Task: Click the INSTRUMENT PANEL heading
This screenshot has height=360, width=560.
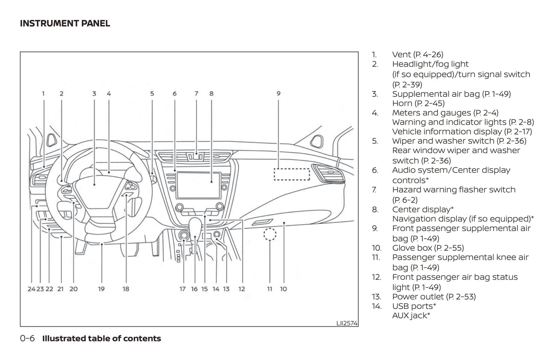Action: point(65,23)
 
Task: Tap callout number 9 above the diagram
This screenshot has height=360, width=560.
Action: point(278,93)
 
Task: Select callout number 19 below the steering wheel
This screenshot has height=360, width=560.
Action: point(101,289)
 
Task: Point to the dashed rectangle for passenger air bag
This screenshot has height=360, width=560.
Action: point(292,174)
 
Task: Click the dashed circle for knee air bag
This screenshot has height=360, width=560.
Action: point(270,234)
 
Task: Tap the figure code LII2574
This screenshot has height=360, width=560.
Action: point(346,323)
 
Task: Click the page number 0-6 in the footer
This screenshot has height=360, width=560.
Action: point(27,338)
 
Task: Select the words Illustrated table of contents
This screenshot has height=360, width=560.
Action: point(102,338)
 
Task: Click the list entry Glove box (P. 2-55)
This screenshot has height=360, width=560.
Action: point(428,248)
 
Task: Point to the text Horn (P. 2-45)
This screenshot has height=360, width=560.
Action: point(418,103)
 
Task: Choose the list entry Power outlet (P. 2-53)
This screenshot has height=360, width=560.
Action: point(434,297)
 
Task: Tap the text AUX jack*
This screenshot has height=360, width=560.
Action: point(411,316)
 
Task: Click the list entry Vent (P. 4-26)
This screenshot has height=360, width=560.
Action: point(417,55)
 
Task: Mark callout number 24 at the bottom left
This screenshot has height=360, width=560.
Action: point(31,289)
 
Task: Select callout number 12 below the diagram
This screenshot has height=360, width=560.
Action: point(241,289)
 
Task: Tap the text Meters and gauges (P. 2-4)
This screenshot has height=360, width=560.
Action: point(445,113)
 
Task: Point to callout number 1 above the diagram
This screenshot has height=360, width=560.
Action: point(43,93)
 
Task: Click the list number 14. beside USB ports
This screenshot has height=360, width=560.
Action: point(376,306)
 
